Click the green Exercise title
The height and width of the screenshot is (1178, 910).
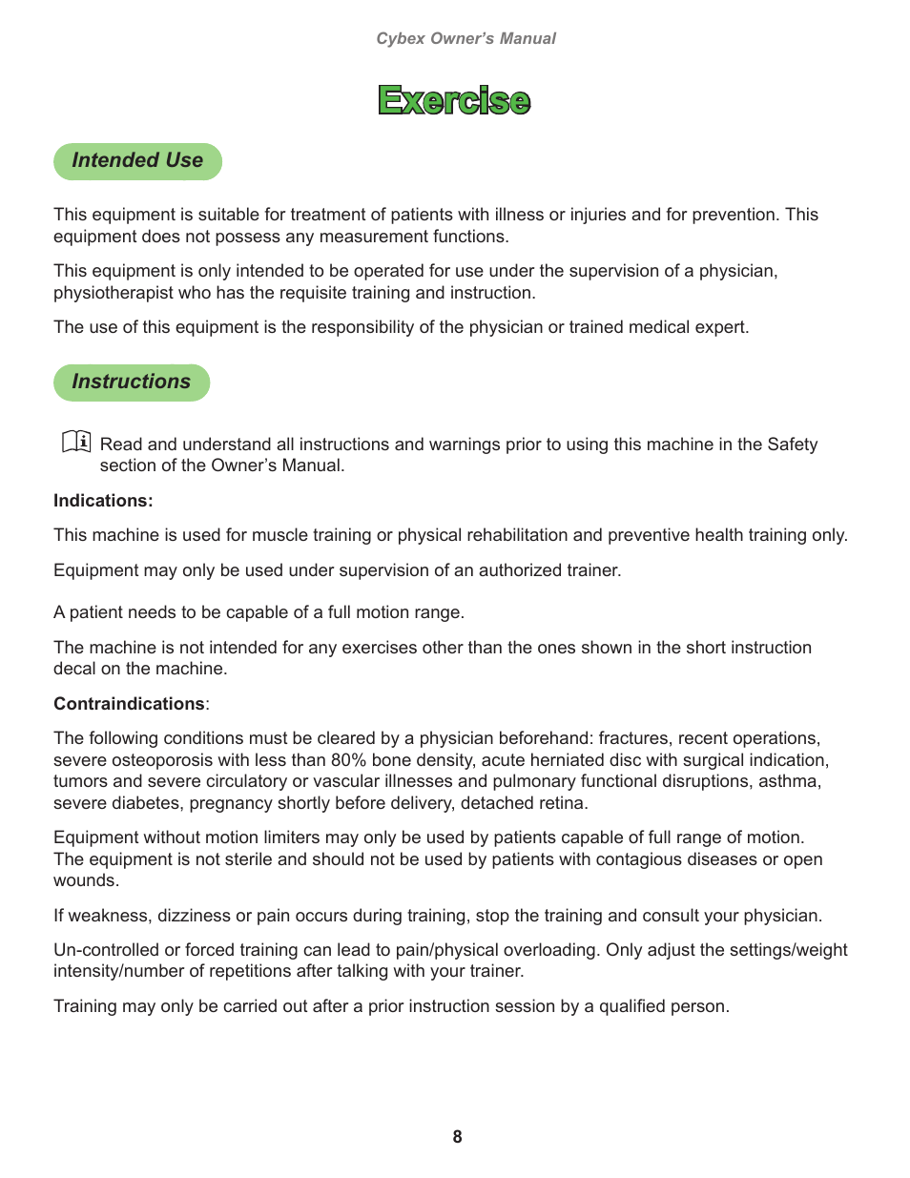coord(454,100)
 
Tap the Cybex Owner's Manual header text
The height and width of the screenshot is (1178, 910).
coord(465,38)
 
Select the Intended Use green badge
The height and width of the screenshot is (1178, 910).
coord(137,161)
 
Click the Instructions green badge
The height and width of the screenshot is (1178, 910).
coord(132,382)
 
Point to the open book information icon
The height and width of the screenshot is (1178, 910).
coord(76,442)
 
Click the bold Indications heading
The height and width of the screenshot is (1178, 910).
coord(103,501)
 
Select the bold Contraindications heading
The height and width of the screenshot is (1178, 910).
coord(129,704)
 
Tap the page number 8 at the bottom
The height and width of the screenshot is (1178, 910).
coord(457,1137)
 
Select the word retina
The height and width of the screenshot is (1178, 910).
coord(562,803)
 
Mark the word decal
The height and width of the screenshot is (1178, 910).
coord(74,669)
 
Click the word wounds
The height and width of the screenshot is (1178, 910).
coord(86,880)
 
